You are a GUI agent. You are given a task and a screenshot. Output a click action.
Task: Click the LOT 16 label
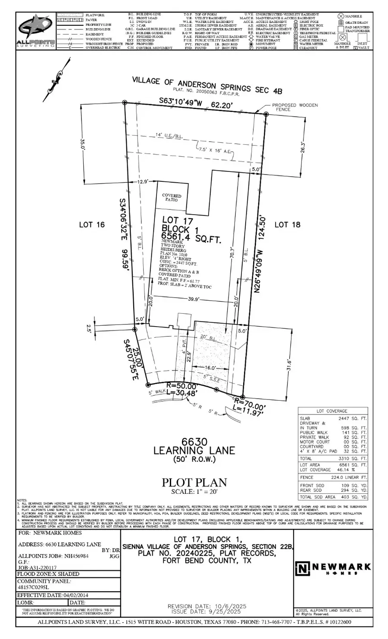pyautogui.click(x=92, y=224)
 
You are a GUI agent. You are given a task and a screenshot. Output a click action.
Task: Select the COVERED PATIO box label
pyautogui.click(x=172, y=198)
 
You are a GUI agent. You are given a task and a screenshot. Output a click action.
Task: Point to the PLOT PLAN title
pyautogui.click(x=194, y=483)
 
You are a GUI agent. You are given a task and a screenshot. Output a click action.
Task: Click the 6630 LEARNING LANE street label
pyautogui.click(x=194, y=446)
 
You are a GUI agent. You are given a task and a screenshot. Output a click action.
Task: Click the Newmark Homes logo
pyautogui.click(x=332, y=568)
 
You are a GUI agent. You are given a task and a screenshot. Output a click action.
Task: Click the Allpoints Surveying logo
pyautogui.click(x=36, y=31)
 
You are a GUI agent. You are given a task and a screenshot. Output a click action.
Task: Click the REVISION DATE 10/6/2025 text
pyautogui.click(x=207, y=606)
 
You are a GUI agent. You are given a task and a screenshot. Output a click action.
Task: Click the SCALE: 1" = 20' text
pyautogui.click(x=194, y=492)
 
